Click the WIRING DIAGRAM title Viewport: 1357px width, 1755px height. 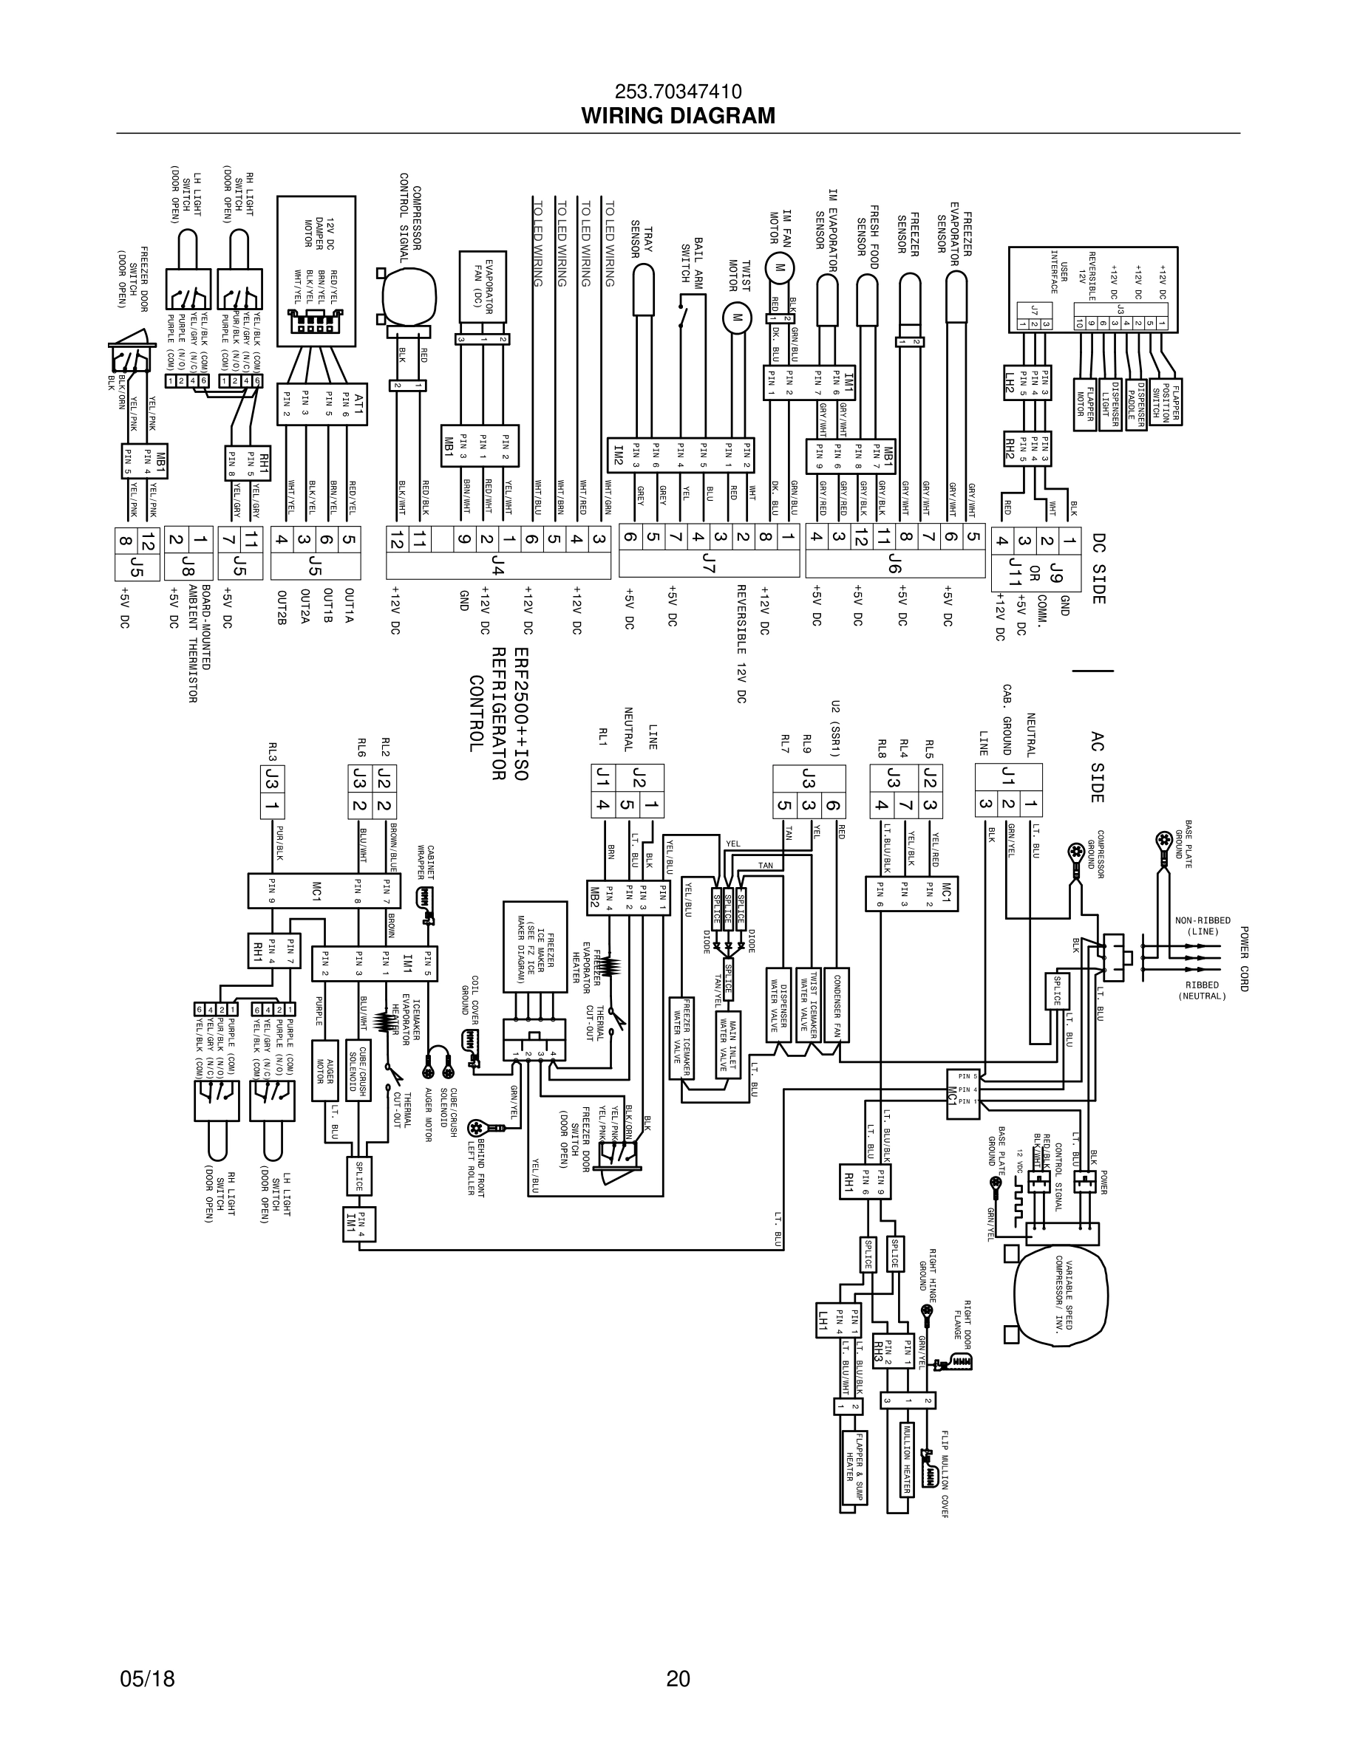[678, 116]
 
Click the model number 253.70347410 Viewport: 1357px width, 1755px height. [678, 92]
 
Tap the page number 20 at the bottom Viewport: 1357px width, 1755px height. [678, 1679]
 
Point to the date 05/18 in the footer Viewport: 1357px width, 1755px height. [147, 1679]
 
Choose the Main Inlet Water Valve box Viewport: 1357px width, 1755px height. [728, 1044]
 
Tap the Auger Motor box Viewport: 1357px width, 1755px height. [324, 1069]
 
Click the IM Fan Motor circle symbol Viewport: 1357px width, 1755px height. [778, 267]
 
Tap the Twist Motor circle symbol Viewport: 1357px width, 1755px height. [735, 317]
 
